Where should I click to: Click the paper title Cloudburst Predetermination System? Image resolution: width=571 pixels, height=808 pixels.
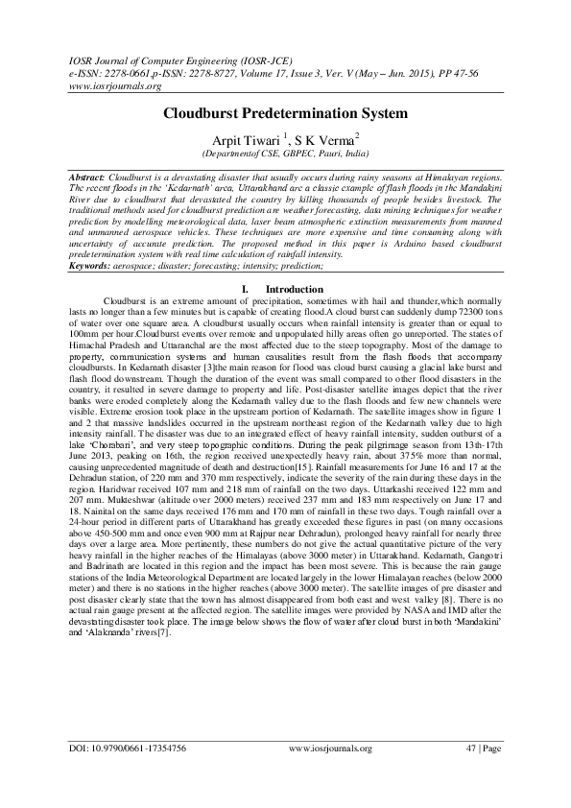[285, 113]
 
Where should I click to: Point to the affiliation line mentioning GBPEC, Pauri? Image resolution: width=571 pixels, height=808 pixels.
[285, 153]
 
